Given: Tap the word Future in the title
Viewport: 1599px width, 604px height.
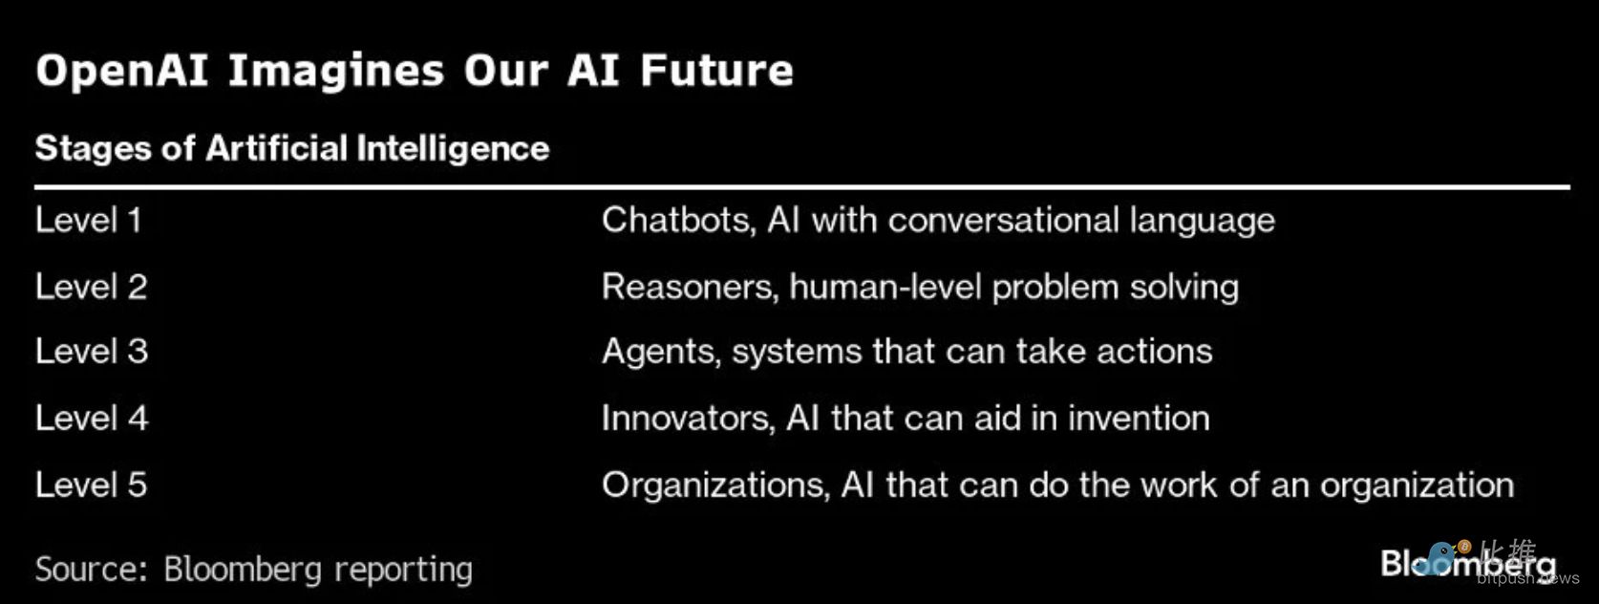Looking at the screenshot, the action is click(716, 71).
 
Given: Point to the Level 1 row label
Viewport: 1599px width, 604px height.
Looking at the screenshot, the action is click(89, 220).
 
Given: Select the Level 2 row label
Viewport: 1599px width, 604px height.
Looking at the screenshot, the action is click(92, 287).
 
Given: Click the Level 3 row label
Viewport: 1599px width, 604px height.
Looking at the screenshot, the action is click(92, 352).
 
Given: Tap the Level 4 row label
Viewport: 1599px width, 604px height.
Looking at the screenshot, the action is click(92, 418).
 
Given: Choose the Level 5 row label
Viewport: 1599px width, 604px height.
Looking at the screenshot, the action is click(92, 485).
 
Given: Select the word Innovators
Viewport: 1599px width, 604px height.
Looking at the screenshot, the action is click(688, 419).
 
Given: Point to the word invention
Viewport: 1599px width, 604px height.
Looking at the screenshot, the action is click(1139, 419).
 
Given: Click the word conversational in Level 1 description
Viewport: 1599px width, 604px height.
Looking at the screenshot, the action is click(1003, 220).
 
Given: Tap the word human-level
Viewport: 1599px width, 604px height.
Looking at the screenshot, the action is click(884, 287).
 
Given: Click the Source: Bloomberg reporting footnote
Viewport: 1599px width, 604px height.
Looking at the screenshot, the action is click(253, 571).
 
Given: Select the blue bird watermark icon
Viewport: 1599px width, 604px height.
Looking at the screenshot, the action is click(1440, 558).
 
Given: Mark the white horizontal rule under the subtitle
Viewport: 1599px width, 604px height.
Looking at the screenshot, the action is click(802, 187).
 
